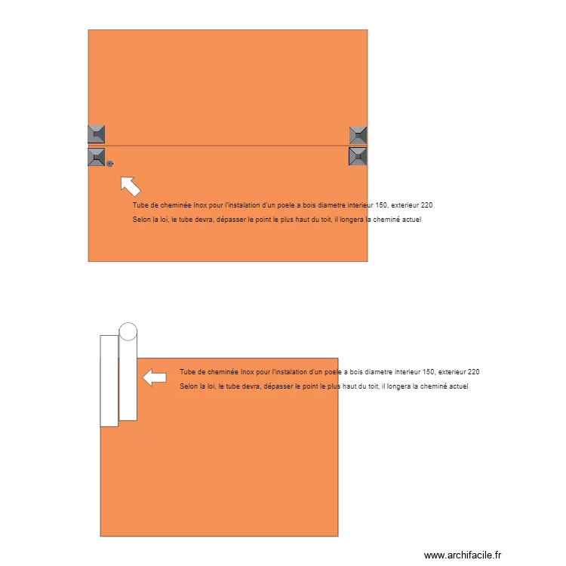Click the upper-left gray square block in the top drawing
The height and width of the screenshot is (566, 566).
(96, 134)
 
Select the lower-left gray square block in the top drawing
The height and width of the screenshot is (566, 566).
(96, 158)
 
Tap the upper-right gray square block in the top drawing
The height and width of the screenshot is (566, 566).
(358, 135)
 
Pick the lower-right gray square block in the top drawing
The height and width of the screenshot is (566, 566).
(358, 157)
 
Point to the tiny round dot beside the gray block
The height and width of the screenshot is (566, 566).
(110, 163)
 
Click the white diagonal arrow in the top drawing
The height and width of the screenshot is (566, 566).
(130, 185)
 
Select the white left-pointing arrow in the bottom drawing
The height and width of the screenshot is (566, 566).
(155, 377)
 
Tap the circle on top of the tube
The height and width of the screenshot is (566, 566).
(128, 331)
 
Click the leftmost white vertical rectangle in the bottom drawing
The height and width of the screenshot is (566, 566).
(109, 380)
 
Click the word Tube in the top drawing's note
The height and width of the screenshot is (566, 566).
(140, 205)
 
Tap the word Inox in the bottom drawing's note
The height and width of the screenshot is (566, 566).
(247, 372)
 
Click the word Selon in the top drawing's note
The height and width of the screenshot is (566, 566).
(141, 220)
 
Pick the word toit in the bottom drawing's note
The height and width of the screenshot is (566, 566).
(373, 386)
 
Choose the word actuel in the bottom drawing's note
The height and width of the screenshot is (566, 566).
(458, 386)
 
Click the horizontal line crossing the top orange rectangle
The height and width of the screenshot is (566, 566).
(226, 146)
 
